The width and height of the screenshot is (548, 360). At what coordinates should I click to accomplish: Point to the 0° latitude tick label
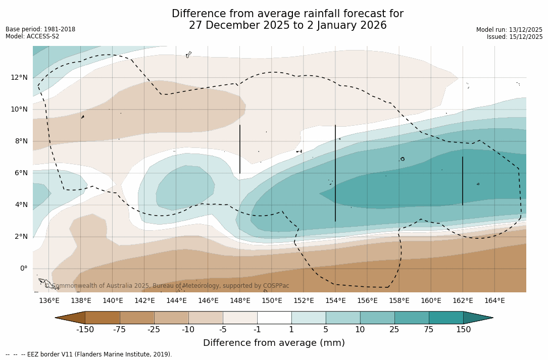click(x=23, y=268)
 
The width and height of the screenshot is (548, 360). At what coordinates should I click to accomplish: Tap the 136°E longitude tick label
click(x=49, y=300)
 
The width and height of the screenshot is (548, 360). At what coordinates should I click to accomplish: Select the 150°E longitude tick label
click(x=272, y=300)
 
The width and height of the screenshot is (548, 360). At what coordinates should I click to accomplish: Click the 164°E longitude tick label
click(x=494, y=300)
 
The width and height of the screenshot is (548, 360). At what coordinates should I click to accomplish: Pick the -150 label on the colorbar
click(x=85, y=330)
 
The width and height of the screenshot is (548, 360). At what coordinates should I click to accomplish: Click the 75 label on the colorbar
click(x=429, y=330)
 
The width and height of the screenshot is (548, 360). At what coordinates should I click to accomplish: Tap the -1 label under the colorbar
click(x=257, y=330)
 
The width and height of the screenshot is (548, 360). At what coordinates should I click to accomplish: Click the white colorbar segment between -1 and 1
click(x=274, y=318)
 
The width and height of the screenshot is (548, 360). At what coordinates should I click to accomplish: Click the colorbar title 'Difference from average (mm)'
click(x=274, y=343)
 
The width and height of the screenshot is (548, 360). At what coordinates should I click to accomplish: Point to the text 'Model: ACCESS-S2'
click(x=32, y=36)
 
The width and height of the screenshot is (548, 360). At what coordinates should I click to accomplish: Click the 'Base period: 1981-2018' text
click(x=40, y=29)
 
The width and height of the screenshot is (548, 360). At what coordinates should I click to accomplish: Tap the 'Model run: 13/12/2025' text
click(x=509, y=30)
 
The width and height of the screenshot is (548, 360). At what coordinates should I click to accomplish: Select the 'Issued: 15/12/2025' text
click(x=515, y=37)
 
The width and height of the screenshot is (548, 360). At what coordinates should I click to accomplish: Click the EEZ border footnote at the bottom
click(x=88, y=354)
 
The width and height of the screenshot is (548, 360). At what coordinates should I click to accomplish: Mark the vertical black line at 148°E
click(x=240, y=149)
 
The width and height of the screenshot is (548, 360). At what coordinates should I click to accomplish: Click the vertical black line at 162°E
click(x=463, y=181)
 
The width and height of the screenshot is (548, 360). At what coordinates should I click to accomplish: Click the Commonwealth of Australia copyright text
click(x=167, y=286)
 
